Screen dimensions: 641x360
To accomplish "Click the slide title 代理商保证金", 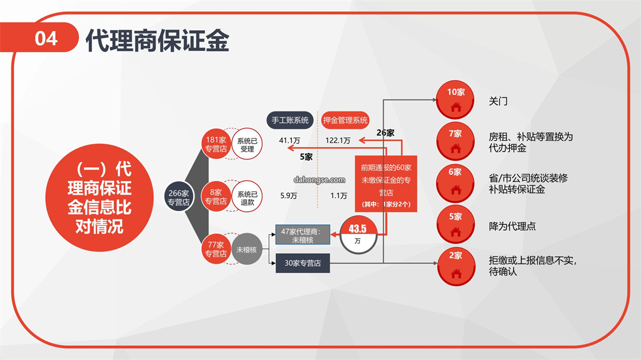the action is (x=157, y=40).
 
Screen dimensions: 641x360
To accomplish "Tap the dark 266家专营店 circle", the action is (x=179, y=197).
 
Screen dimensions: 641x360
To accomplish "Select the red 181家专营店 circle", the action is (x=216, y=144).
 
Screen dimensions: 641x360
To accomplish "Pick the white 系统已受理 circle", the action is (x=247, y=144).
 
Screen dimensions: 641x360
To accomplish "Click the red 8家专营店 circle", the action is (x=216, y=196).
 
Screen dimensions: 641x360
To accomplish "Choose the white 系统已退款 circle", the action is (x=247, y=196).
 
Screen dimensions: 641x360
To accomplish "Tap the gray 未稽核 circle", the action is (x=246, y=249).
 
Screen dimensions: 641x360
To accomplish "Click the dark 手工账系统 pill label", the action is (x=290, y=120).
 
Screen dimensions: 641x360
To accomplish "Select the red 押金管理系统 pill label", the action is (x=345, y=120).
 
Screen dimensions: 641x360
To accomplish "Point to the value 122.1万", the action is (x=338, y=141).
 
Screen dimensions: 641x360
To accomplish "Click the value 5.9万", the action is (x=288, y=196).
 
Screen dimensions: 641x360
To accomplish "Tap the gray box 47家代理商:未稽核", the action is (x=303, y=235).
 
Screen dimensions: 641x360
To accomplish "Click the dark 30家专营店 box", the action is (x=303, y=263).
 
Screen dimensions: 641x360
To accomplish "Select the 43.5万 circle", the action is (x=358, y=234).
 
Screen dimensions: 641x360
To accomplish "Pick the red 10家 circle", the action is (x=455, y=100).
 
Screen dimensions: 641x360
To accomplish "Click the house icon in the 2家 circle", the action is (x=456, y=273).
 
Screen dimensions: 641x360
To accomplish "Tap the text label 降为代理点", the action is (x=512, y=227).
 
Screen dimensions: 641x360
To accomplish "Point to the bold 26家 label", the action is (x=386, y=133).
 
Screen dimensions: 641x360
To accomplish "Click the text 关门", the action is (x=499, y=101).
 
